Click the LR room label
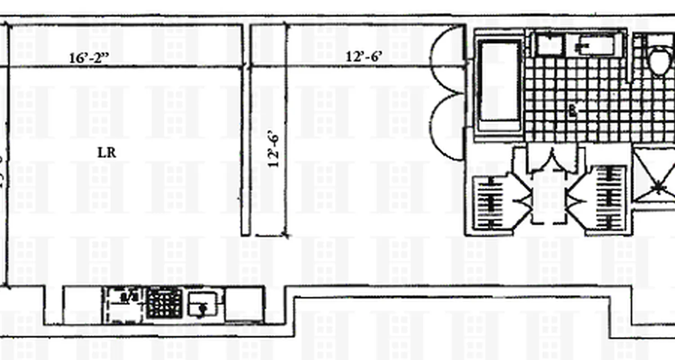pos(107,153)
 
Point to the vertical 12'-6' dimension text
pos(274,148)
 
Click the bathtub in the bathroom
pos(499,85)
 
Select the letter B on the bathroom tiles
pos(572,111)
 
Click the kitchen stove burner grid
pos(165,303)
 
